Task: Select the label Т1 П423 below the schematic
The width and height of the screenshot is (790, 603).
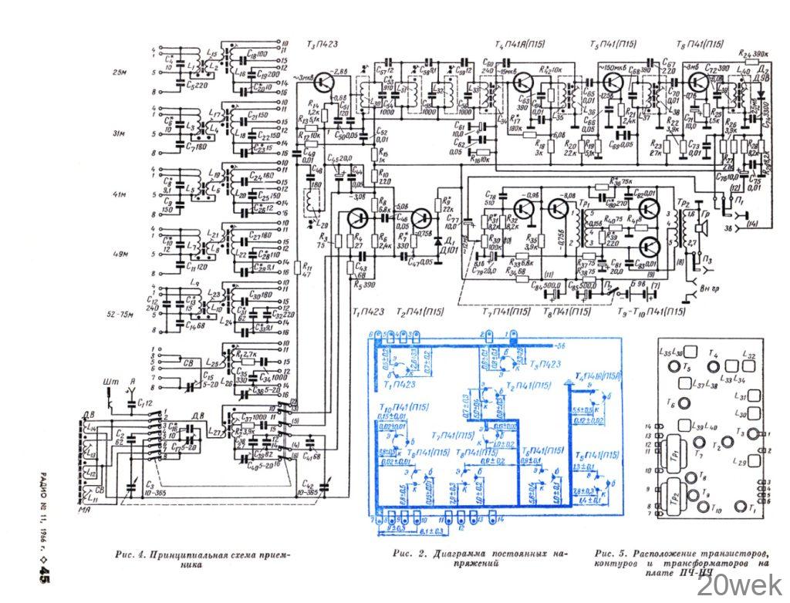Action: (367, 312)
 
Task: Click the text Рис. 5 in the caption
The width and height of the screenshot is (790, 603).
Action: (611, 554)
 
